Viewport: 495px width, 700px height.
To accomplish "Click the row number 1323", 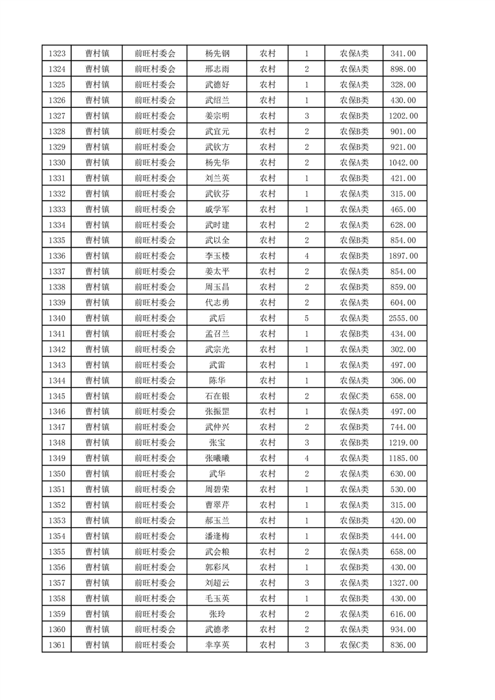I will pos(56,54).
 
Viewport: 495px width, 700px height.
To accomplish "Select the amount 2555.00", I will pos(403,318).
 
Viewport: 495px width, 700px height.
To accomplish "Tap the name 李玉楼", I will pos(217,256).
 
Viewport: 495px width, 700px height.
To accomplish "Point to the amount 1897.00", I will pos(403,256).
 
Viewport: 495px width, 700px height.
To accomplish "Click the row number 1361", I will pos(56,645).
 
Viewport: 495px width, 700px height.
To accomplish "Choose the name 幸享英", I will pos(217,645).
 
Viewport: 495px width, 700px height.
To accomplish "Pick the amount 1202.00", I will pos(403,116).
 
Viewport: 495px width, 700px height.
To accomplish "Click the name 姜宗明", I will pos(217,116).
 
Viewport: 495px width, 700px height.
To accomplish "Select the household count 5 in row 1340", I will pos(306,318).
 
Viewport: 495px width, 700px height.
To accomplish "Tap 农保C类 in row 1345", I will pos(354,396).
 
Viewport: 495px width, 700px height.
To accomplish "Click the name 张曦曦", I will pos(217,459).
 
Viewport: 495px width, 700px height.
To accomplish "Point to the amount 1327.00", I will pos(403,583).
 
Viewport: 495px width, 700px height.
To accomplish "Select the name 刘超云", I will pos(217,583).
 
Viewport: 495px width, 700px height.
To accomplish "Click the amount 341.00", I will pos(403,54).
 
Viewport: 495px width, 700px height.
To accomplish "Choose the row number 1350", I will pos(56,474).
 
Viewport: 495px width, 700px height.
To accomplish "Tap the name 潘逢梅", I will pos(217,536).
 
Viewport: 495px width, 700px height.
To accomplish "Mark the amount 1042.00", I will pos(403,163).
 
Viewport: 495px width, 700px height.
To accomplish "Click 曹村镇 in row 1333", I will pos(97,210).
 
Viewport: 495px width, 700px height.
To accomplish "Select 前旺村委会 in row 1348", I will pos(155,443).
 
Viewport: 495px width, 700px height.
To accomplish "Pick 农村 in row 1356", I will pos(268,567).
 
